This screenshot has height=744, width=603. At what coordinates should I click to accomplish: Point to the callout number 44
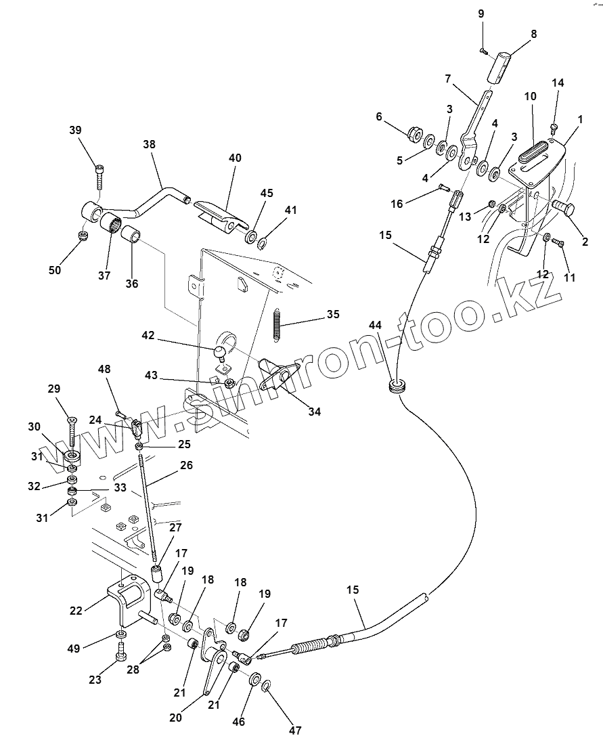375,326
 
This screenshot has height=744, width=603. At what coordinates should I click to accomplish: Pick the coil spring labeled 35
277,322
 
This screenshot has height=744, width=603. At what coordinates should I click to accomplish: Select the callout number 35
332,314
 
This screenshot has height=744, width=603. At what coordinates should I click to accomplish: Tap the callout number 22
76,611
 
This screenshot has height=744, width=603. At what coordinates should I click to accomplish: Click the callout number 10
529,97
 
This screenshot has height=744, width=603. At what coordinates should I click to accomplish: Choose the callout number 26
186,465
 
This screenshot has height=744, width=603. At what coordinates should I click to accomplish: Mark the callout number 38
149,144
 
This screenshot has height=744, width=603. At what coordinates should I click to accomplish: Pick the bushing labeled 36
131,238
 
